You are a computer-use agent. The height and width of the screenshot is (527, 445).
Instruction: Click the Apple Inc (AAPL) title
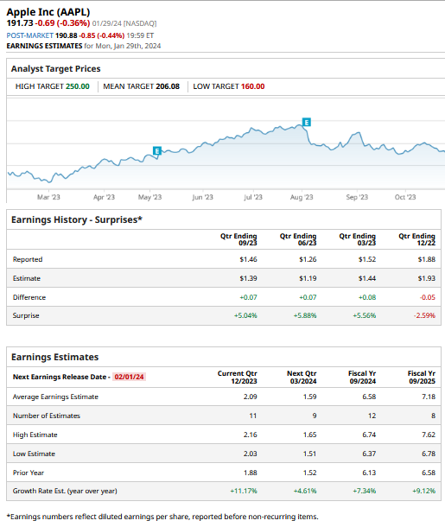click(48, 11)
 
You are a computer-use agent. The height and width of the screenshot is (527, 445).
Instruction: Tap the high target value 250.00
click(77, 86)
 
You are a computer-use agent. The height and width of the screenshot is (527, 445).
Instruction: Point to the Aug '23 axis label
click(302, 198)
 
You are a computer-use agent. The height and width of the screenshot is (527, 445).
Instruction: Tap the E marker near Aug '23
click(306, 121)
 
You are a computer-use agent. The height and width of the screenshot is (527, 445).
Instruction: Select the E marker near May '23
click(156, 151)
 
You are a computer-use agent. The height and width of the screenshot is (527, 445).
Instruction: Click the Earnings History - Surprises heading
click(77, 219)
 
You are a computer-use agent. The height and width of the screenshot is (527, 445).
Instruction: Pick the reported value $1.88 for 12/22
click(426, 259)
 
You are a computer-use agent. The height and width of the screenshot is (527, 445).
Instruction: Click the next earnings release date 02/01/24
click(129, 377)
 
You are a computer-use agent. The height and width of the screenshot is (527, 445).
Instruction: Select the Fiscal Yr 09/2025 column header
click(420, 378)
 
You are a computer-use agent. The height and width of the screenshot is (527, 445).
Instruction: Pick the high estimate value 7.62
click(427, 435)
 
